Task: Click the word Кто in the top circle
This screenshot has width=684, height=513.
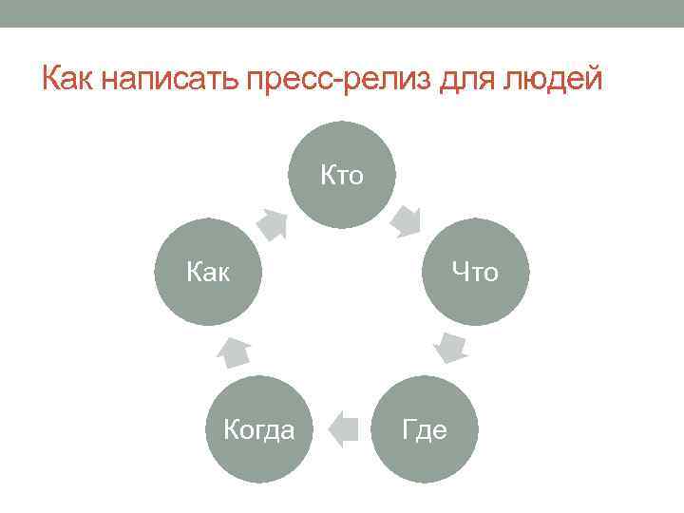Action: pyautogui.click(x=341, y=175)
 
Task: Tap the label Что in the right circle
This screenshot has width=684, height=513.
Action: pyautogui.click(x=475, y=273)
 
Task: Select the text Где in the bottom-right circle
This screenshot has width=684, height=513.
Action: pyautogui.click(x=424, y=429)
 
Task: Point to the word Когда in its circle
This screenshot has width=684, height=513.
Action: pyautogui.click(x=258, y=429)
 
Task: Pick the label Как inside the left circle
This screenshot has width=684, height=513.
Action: pyautogui.click(x=208, y=273)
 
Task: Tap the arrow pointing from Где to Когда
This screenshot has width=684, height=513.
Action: pyautogui.click(x=341, y=429)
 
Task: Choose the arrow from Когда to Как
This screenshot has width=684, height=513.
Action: pyautogui.click(x=233, y=351)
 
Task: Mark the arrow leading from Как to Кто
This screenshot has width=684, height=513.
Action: pyautogui.click(x=274, y=223)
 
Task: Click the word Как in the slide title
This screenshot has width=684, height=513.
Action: pyautogui.click(x=69, y=77)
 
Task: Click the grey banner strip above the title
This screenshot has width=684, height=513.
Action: pyautogui.click(x=342, y=13)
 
